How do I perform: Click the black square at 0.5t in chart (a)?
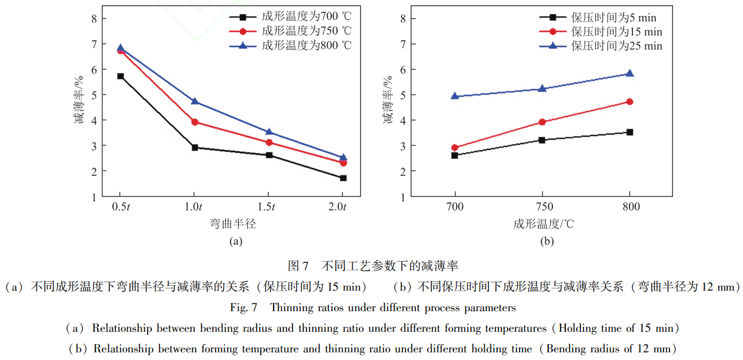tap(120, 76)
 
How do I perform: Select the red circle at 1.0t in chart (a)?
tap(195, 122)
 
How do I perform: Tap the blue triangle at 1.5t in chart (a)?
tap(269, 132)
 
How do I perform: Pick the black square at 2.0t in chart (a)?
tap(343, 178)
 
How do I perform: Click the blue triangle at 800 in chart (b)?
tap(629, 74)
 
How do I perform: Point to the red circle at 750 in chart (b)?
tap(542, 122)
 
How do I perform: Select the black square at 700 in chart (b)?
tap(455, 155)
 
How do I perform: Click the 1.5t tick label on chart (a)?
tap(268, 207)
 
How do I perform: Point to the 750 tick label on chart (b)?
tap(542, 207)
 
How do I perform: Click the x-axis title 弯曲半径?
tap(232, 224)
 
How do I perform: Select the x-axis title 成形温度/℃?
tap(542, 224)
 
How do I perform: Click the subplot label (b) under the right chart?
tap(547, 241)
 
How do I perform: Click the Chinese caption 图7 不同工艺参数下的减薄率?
tap(372, 266)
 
